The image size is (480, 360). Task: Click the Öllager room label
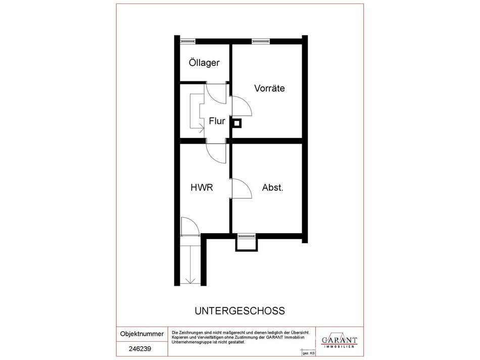204,63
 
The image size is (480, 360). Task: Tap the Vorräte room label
269,88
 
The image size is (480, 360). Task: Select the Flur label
217,121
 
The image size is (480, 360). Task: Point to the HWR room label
202,187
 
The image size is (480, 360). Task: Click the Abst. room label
273,188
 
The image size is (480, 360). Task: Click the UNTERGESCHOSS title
239,310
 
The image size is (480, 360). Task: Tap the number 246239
140,349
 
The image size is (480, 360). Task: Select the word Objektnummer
142,334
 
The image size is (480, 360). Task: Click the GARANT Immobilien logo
339,341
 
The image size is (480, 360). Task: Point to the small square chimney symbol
237,123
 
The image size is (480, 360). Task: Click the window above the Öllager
187,41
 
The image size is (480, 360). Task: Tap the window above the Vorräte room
261,41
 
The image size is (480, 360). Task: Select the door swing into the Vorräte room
242,106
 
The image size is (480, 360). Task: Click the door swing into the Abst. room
242,189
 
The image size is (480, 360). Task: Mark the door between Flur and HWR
216,153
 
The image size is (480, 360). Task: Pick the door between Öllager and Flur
216,94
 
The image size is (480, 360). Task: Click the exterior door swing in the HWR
190,227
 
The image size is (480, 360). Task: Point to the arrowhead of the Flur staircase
202,129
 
